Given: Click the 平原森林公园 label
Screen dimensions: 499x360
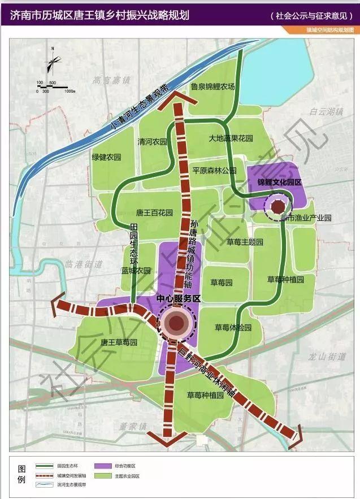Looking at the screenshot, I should click(214, 170).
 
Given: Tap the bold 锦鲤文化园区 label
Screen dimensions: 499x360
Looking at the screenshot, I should click(279, 183).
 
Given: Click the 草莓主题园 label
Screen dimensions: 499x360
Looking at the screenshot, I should click(245, 242).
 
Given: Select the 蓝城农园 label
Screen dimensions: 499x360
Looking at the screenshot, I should click(136, 270).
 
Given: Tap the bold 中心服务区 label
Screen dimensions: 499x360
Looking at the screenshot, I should click(179, 298).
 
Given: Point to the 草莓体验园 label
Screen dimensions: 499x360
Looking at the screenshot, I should click(233, 327).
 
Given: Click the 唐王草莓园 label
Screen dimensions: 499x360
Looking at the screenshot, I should click(119, 342).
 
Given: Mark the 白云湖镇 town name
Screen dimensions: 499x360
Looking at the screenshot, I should click(327, 112).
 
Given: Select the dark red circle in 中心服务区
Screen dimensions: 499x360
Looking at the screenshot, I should click(177, 323).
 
